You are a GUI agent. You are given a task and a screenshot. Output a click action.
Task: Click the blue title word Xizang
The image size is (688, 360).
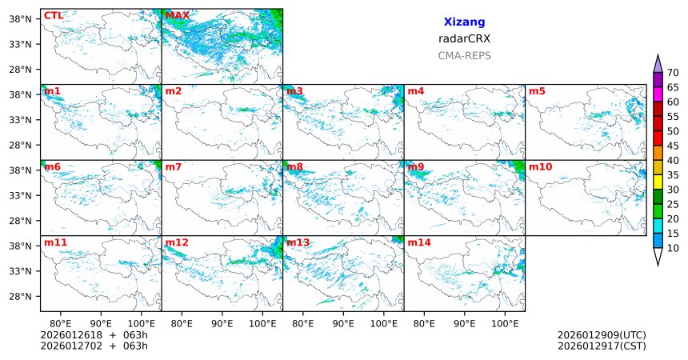464,22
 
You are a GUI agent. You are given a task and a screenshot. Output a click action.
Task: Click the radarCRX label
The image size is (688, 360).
464,38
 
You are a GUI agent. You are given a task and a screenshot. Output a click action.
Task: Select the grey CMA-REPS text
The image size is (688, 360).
464,56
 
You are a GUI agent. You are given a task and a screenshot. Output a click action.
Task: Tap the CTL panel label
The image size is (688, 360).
54,15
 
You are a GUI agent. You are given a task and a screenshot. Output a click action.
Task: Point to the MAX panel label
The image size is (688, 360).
177,15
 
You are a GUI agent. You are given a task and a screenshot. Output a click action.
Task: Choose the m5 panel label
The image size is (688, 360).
537,91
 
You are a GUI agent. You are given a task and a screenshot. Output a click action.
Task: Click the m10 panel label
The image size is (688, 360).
540,166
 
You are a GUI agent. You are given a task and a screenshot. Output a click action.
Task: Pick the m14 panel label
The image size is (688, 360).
418,242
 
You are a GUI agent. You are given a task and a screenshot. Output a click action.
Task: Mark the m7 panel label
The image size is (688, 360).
174,166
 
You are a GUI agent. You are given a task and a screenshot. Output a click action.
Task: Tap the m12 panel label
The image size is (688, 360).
177,242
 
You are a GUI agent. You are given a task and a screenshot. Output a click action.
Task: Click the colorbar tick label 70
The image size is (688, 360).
673,73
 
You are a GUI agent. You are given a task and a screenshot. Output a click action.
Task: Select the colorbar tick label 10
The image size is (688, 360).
673,249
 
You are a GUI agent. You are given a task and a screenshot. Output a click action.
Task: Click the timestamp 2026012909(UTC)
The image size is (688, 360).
602,335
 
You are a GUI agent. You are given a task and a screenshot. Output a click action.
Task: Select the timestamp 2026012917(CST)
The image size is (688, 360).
602,346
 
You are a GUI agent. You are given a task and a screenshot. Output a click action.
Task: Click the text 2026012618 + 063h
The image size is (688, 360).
94,335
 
